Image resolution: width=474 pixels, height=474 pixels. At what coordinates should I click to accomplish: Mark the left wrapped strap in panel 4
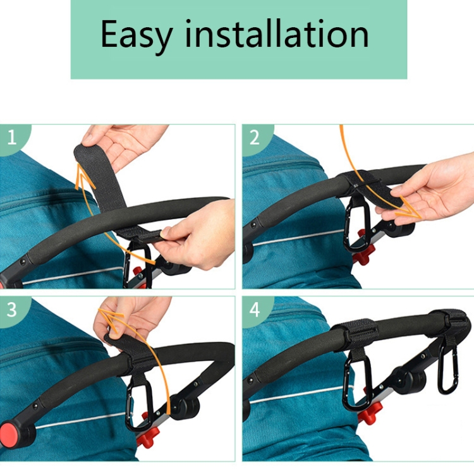coord(355,334)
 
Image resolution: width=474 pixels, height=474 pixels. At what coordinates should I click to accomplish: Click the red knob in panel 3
coord(147,434)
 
